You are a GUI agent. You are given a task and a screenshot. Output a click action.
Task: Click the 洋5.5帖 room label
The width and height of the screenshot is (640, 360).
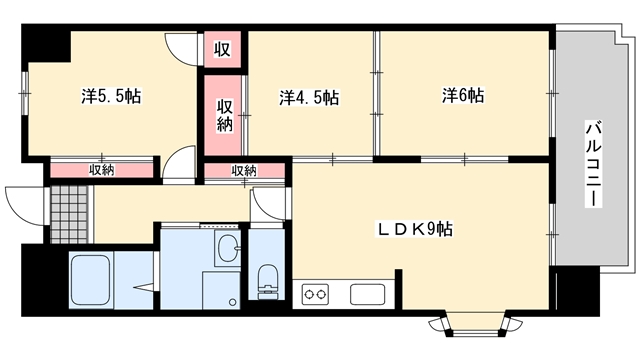tap(111, 96)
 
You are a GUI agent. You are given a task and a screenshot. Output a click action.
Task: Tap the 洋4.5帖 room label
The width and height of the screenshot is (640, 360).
tap(309, 98)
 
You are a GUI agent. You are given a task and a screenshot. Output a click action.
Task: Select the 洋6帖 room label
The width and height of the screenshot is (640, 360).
tap(463, 96)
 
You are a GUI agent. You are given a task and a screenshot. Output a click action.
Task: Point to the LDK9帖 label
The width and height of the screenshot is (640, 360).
tap(414, 229)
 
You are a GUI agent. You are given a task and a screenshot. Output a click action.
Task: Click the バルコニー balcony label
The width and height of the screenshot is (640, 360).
tap(593, 163)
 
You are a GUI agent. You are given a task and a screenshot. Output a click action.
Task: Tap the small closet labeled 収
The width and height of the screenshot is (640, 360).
tap(222, 49)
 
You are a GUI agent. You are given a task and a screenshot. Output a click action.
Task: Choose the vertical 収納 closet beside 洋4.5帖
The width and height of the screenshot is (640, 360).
tap(223, 116)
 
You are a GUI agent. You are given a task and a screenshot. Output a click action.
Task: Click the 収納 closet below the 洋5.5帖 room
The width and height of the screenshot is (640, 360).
tap(102, 170)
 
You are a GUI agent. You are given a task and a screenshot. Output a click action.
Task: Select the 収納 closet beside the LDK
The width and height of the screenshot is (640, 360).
tap(244, 171)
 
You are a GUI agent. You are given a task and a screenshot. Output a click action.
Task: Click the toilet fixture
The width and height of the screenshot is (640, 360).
tap(267, 281)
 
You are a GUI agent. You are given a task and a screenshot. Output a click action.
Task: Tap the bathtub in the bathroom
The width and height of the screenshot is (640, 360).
tap(91, 280)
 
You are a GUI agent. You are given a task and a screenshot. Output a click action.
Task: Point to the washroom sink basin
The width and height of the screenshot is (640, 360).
tap(227, 248)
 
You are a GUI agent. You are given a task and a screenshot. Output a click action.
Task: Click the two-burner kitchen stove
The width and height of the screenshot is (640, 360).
tap(315, 294)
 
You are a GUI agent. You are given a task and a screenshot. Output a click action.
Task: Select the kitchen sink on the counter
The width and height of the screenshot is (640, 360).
tap(367, 294)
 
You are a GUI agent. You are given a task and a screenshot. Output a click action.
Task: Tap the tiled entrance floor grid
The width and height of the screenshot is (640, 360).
tap(69, 214)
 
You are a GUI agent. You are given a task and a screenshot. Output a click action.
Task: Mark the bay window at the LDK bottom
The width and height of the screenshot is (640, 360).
tap(476, 324)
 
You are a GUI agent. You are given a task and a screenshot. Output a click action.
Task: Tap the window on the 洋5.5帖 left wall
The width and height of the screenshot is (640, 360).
tap(25, 93)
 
